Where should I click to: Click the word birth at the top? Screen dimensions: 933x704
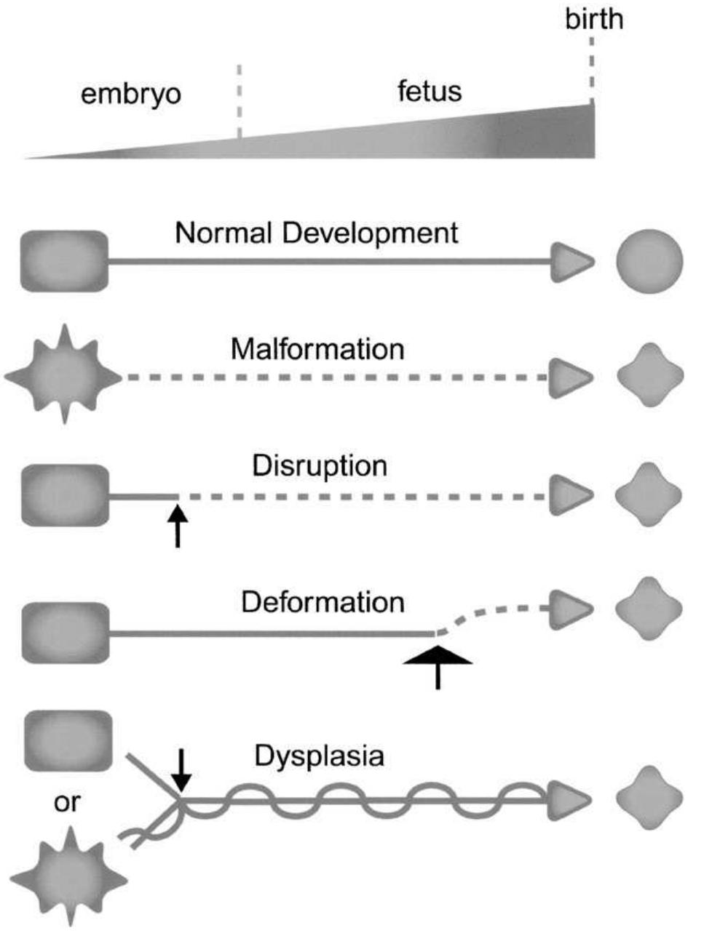point(594,19)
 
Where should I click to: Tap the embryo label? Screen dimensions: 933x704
point(131,95)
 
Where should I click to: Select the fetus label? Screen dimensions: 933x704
point(430,92)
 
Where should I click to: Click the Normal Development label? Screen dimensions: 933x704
point(317,233)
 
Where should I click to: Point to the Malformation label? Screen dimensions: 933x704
point(317,349)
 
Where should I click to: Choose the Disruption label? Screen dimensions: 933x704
point(320,465)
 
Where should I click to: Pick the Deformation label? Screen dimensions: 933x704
point(323,602)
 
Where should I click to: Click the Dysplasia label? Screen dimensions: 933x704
point(319,756)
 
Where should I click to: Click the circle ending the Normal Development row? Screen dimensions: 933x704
point(649,262)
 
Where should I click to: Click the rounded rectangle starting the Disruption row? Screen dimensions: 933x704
point(65,495)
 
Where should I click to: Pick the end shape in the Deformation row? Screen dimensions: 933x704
point(649,608)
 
